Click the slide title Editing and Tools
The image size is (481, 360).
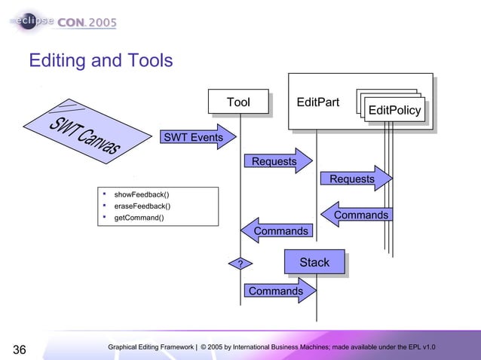coord(100,59)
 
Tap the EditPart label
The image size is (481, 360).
coord(317,102)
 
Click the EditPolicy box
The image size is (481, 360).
coord(394,111)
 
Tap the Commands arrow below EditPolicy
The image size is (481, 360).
coord(358,215)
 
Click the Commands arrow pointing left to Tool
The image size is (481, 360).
coord(277,230)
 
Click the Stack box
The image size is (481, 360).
coord(314,262)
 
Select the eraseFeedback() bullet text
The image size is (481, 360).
coord(142,206)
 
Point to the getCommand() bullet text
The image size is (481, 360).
coord(139,218)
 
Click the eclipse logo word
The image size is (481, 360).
coord(31,22)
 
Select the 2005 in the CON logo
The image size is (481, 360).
coord(102,23)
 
